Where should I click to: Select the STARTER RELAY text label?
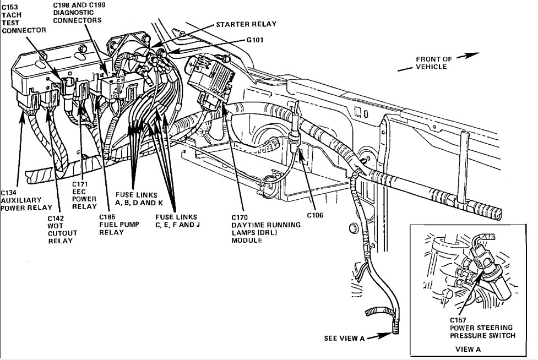(x=246, y=24)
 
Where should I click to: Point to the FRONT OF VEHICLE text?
(x=433, y=63)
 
